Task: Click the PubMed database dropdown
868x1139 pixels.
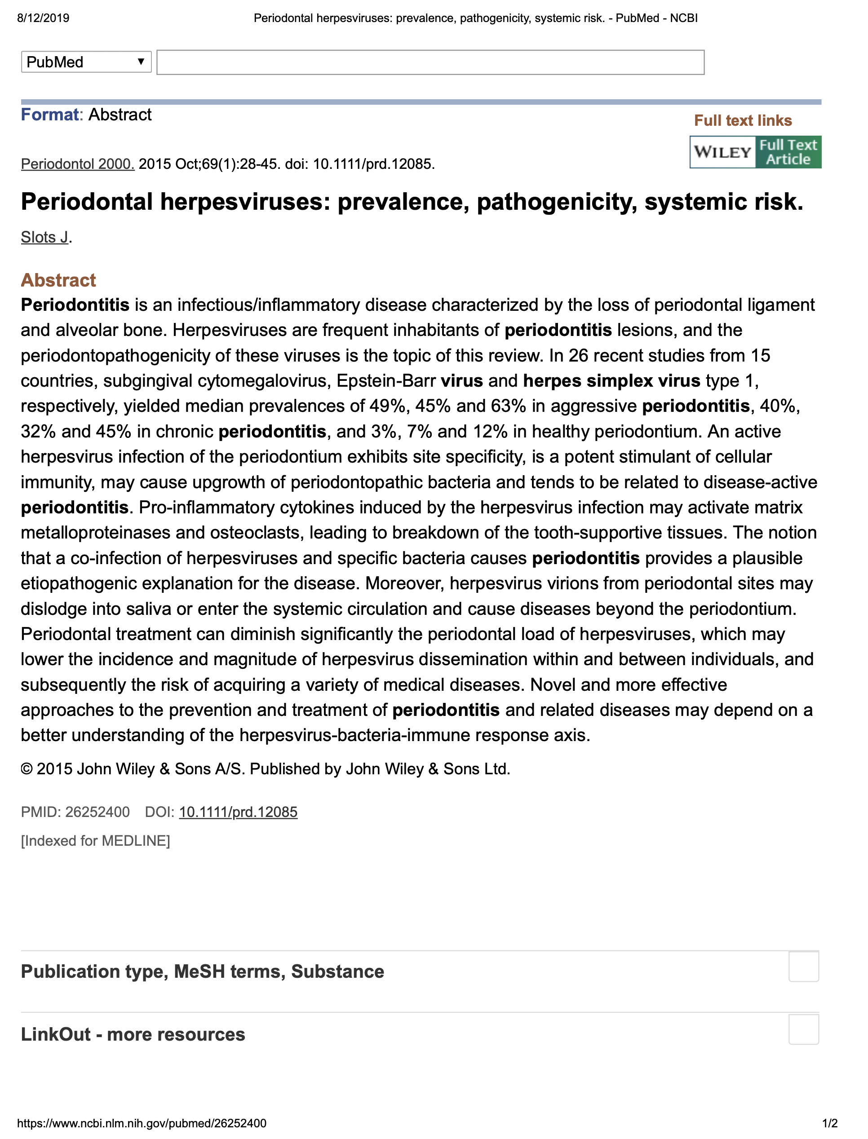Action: (86, 62)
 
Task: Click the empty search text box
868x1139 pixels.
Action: (430, 62)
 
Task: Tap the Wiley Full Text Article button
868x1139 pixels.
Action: (755, 152)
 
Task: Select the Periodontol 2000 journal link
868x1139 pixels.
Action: (77, 164)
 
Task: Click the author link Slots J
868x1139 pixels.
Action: (44, 237)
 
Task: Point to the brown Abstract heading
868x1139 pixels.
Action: (58, 280)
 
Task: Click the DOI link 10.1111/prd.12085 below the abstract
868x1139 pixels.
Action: (238, 812)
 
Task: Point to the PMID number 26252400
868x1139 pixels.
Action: (97, 812)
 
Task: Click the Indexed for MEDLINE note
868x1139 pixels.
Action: (95, 840)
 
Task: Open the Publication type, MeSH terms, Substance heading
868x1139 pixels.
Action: (203, 971)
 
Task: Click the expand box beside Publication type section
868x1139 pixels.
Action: (803, 967)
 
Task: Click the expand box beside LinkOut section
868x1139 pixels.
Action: (803, 1029)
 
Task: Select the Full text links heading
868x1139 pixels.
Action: (743, 120)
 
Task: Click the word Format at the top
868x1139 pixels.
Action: (49, 114)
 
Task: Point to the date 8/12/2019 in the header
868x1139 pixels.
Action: (44, 18)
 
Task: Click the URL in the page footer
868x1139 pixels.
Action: (142, 1123)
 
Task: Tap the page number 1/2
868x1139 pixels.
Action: (830, 1123)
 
